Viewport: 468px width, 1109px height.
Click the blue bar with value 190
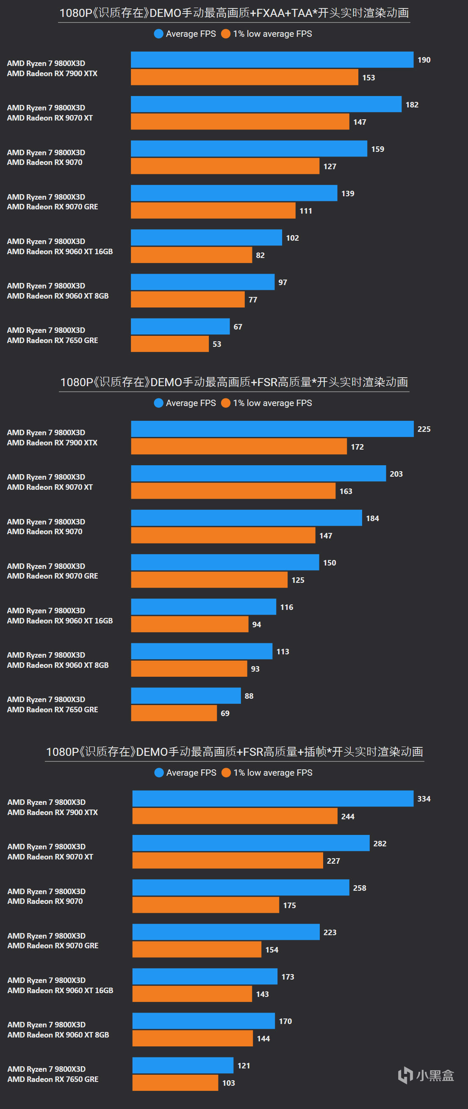coord(271,60)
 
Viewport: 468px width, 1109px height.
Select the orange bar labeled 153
coord(244,77)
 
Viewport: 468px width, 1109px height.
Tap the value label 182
coord(412,104)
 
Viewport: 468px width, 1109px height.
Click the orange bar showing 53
coord(169,344)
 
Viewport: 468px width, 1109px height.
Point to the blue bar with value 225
coord(271,429)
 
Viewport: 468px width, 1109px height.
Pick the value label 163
coord(346,491)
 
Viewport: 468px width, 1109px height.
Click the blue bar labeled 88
coord(186,696)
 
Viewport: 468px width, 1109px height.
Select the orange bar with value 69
coord(174,713)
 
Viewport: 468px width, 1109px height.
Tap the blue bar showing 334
coord(272,799)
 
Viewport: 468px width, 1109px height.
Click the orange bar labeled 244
coord(235,816)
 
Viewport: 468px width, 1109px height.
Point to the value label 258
coord(360,888)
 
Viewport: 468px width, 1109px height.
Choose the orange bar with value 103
coord(175,1083)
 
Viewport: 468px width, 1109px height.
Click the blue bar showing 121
coord(183,1065)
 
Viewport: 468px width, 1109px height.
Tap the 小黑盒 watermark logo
coord(426,1076)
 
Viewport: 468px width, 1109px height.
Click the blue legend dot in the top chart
coord(158,33)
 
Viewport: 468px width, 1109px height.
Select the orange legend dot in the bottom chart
coord(226,773)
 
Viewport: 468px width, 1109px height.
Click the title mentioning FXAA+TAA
coord(234,13)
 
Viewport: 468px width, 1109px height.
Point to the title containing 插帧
coord(234,752)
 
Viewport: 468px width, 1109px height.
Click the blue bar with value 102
coord(206,238)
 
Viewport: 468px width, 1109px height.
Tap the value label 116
coord(286,607)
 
